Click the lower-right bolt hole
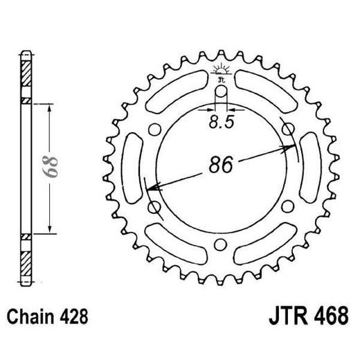(284, 209)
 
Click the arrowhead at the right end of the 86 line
(285, 147)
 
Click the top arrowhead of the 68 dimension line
(51, 106)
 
